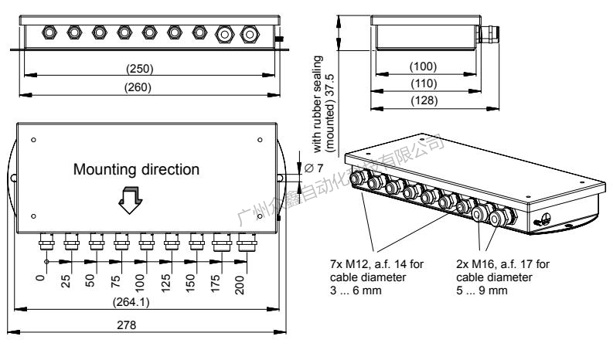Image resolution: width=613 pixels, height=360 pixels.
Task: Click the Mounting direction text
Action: point(136,168)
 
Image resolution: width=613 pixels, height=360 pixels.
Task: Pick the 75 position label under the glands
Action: point(117,279)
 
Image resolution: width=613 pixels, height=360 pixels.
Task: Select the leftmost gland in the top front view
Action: point(48,33)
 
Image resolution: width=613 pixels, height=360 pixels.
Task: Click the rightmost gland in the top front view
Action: point(249,34)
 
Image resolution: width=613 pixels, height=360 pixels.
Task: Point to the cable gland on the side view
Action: point(485,34)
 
